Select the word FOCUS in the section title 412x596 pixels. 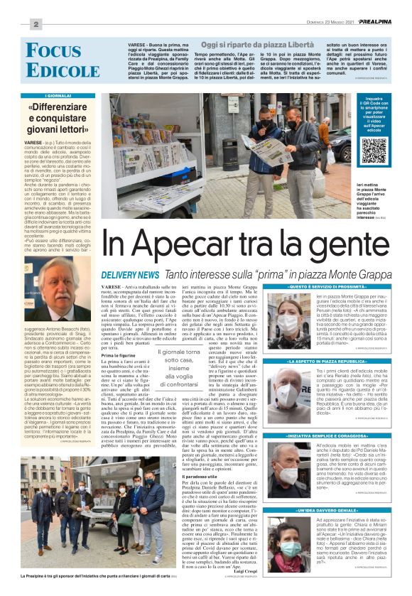click(x=53, y=51)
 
